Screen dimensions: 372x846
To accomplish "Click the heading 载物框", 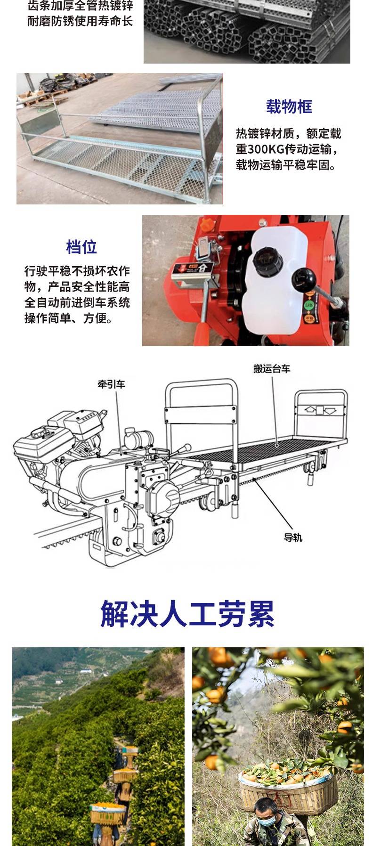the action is [289, 106].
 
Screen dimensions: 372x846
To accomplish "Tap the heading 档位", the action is [81, 246].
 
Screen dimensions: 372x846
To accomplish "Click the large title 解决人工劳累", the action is [187, 613].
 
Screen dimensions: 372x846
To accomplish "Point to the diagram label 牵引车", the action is [112, 384].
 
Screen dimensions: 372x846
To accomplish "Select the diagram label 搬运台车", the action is [272, 368].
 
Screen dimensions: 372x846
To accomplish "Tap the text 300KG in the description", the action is [266, 149].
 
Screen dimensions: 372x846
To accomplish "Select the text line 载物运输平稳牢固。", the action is [286, 165].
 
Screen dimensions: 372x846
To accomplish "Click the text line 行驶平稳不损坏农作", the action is [77, 271].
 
